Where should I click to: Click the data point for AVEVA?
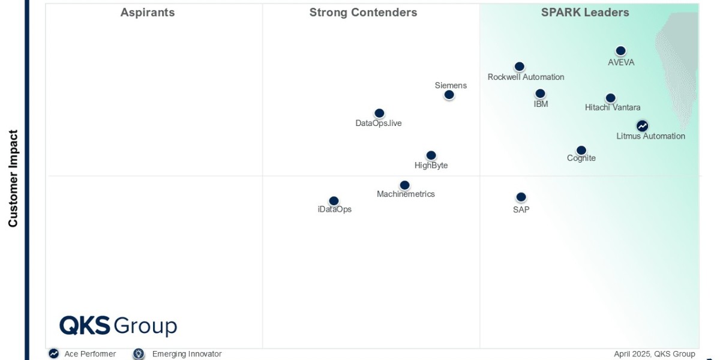tap(620, 51)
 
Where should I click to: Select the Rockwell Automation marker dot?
tap(520, 67)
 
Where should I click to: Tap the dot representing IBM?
tap(540, 94)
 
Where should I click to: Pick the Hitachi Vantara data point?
tap(610, 98)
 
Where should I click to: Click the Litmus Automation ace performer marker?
tap(642, 126)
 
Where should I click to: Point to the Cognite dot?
tap(581, 150)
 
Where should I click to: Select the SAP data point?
tap(521, 197)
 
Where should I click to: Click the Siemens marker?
tap(449, 95)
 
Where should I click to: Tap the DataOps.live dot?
tap(379, 113)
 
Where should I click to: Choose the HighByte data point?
tap(431, 155)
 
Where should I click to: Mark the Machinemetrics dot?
tap(404, 185)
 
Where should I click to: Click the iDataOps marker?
tap(334, 200)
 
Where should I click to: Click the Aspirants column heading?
tap(148, 13)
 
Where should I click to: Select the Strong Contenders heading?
tap(363, 13)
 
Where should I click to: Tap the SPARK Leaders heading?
tap(585, 13)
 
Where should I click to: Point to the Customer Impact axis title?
tap(13, 179)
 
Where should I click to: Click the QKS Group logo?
tap(118, 326)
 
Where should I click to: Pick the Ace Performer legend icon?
tap(54, 354)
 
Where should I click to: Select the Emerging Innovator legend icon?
tap(139, 354)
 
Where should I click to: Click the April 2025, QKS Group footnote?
tap(654, 354)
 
